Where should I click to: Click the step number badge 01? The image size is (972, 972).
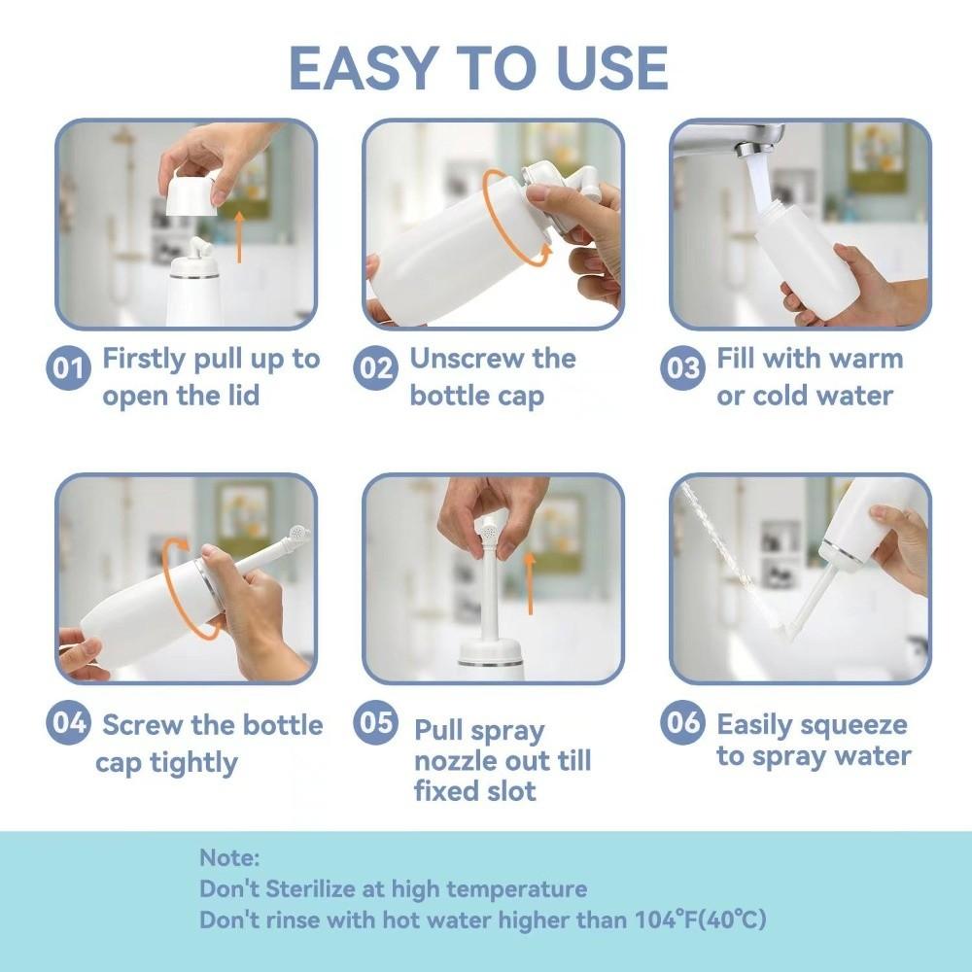[69, 369]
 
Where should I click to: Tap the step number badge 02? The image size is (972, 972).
[374, 369]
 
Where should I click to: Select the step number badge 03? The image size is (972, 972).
[682, 369]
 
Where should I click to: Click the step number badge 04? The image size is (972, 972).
[69, 723]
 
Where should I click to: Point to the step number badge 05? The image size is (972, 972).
[375, 723]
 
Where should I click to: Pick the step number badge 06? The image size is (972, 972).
[682, 723]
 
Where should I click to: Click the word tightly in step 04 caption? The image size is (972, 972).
[192, 763]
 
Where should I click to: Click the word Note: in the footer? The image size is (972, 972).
[230, 858]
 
